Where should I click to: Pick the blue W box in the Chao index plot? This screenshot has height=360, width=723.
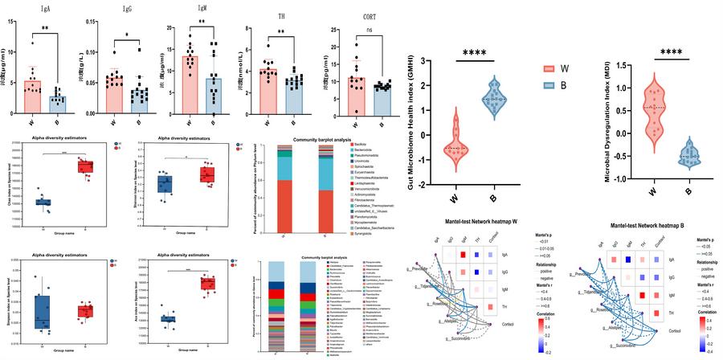click(x=43, y=202)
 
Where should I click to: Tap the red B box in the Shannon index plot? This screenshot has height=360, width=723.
click(x=209, y=174)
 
